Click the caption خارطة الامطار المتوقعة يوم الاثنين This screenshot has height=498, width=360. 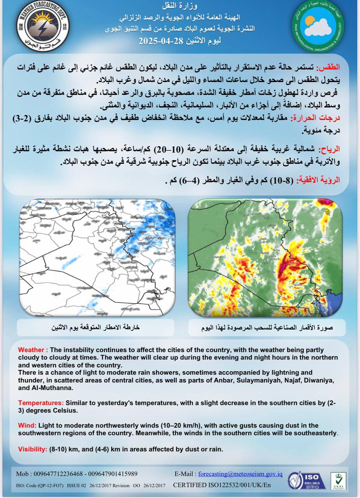tap(96, 328)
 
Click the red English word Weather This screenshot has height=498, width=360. tap(33, 350)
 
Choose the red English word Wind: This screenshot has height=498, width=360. tap(27, 425)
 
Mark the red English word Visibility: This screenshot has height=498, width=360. tap(33, 449)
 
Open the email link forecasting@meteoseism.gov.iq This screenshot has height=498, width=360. tap(241, 474)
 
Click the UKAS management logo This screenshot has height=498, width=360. tap(338, 480)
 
